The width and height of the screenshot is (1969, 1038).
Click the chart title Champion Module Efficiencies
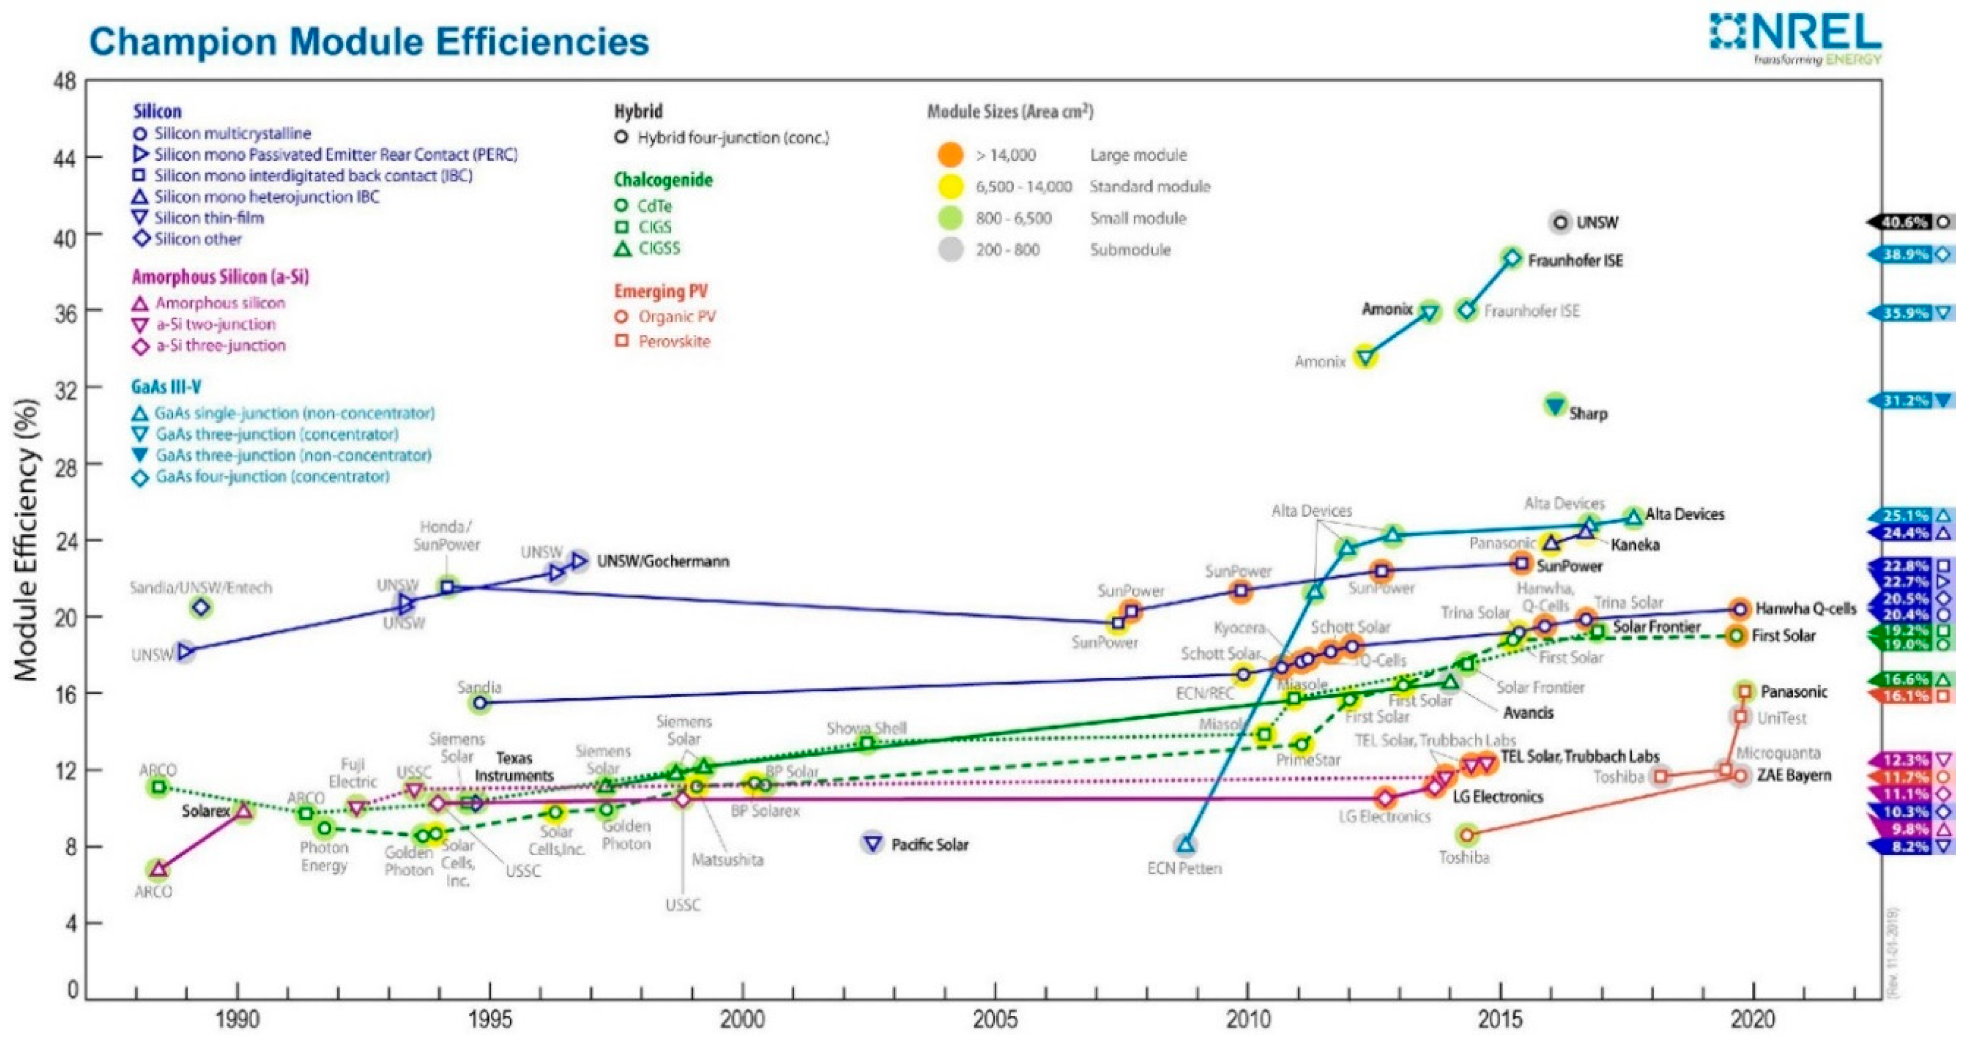(x=369, y=41)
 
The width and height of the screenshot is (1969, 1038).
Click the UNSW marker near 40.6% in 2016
(x=1560, y=223)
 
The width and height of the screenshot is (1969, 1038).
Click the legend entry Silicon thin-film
(x=209, y=218)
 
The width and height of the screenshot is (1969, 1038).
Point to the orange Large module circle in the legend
(x=950, y=155)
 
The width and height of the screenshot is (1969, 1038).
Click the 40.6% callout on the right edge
(x=1905, y=223)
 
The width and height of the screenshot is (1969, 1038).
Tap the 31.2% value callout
(x=1906, y=400)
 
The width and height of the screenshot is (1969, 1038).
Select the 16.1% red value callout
(x=1906, y=696)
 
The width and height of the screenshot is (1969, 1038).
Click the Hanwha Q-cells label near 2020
(x=1806, y=609)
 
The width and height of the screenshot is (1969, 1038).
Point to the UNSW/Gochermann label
(x=663, y=562)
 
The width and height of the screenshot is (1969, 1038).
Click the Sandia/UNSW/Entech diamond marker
(x=202, y=607)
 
